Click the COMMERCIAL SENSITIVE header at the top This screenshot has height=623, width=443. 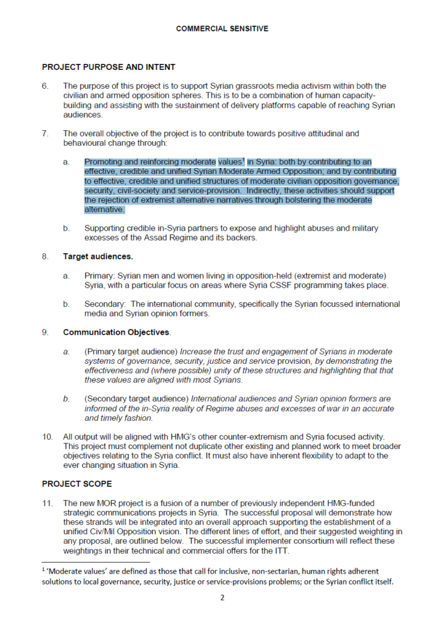222,29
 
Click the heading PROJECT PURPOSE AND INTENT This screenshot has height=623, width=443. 108,67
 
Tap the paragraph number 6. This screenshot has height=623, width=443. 46,86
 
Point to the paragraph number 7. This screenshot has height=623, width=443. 46,133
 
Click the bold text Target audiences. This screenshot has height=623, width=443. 98,257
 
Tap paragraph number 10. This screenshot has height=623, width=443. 47,436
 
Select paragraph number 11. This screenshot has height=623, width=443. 47,503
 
